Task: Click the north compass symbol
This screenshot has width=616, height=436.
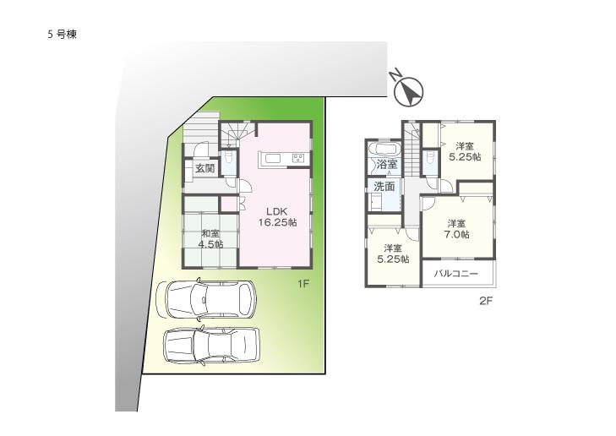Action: click(x=409, y=90)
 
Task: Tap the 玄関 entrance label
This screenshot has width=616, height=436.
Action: click(x=204, y=168)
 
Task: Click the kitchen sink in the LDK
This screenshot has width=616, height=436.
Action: click(x=274, y=158)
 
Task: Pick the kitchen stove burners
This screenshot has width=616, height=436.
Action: click(x=297, y=158)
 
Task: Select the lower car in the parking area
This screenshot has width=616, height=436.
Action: click(x=210, y=346)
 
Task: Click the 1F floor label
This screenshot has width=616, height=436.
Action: click(x=303, y=284)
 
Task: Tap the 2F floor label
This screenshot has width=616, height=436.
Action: click(x=486, y=300)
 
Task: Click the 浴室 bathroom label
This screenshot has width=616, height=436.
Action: click(x=386, y=164)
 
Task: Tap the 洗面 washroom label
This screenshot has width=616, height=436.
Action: click(x=384, y=186)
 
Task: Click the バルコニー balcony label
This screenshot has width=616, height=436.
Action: click(x=457, y=274)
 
